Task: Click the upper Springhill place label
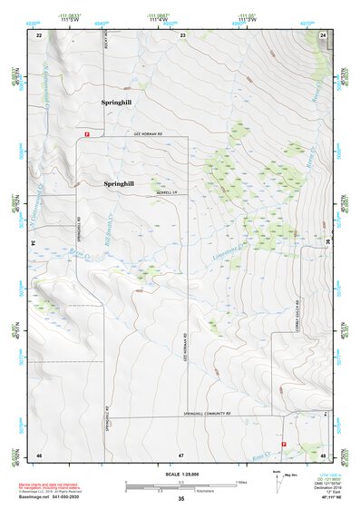pos(116,103)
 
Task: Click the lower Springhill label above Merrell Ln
pos(119,183)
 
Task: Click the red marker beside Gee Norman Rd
pos(86,134)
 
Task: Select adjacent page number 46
pos(39,453)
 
